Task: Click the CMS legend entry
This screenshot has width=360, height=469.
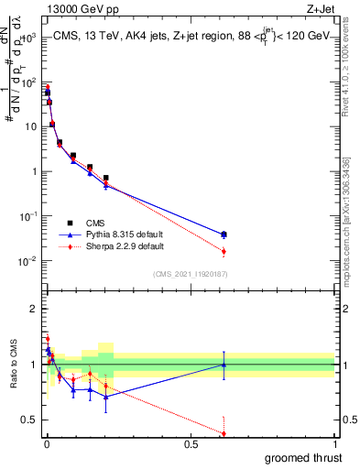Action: [x=94, y=223]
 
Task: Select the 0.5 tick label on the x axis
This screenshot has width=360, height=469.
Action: [x=191, y=443]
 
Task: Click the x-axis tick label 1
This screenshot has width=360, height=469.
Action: [x=334, y=443]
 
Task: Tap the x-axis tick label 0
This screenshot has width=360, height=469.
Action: [x=47, y=443]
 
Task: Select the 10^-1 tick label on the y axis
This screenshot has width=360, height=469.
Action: [x=27, y=216]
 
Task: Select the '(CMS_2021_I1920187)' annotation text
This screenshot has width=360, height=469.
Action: [x=189, y=274]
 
